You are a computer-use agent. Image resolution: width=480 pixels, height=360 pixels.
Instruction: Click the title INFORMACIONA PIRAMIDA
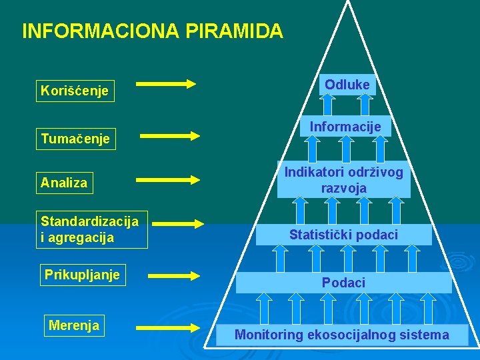pos(152,31)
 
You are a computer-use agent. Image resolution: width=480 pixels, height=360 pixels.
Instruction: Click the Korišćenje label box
pos(75,90)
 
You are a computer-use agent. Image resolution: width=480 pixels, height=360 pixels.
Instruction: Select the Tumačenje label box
pos(75,139)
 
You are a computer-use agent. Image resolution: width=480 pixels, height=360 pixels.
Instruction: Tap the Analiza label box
pos(64,183)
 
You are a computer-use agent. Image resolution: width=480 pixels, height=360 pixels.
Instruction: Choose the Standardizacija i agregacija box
pos(91,229)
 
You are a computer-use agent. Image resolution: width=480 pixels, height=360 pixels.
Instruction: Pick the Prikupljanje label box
pos(82,275)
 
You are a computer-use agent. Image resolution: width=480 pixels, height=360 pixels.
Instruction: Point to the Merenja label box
pos(74,325)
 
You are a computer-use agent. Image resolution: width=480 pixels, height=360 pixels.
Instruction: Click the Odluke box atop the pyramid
pos(347,85)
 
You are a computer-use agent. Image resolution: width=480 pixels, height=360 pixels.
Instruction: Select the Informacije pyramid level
pos(345,127)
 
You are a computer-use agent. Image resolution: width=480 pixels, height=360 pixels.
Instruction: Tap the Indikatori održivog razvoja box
pos(344,180)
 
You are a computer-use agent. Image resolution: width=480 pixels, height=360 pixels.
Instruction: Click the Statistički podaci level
pos(343,235)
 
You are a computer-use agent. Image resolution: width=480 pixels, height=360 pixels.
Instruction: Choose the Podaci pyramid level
pos(344,283)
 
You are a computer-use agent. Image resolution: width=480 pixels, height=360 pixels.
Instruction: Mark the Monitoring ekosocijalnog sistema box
pos(342,335)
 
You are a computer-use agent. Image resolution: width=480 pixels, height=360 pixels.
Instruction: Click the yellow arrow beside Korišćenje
pos(166,84)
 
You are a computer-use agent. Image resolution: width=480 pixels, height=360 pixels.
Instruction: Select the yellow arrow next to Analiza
pos(168,179)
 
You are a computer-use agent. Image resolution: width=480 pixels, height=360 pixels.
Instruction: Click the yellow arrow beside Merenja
pos(168,327)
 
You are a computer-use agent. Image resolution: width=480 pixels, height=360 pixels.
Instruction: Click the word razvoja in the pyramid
pos(344,188)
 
